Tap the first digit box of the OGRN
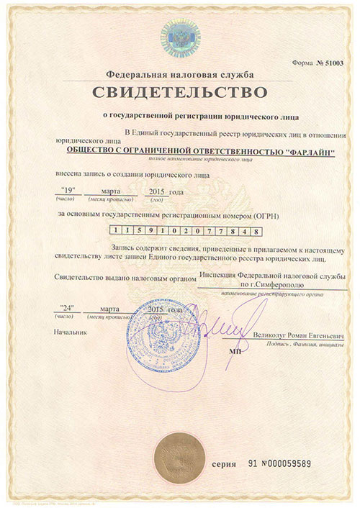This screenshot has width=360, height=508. coord(112,232)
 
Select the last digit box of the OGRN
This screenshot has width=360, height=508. coord(258,232)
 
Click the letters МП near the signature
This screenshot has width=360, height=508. coord(235,353)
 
